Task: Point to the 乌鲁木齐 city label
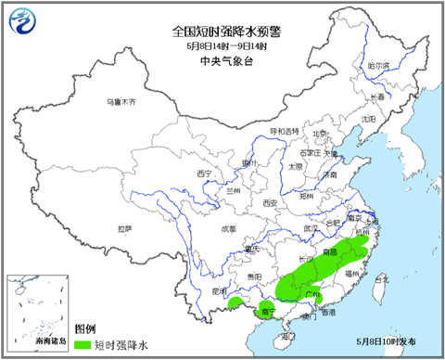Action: (x=119, y=100)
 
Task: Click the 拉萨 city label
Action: (x=124, y=228)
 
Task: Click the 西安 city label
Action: (x=270, y=202)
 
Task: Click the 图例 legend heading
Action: (x=85, y=329)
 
